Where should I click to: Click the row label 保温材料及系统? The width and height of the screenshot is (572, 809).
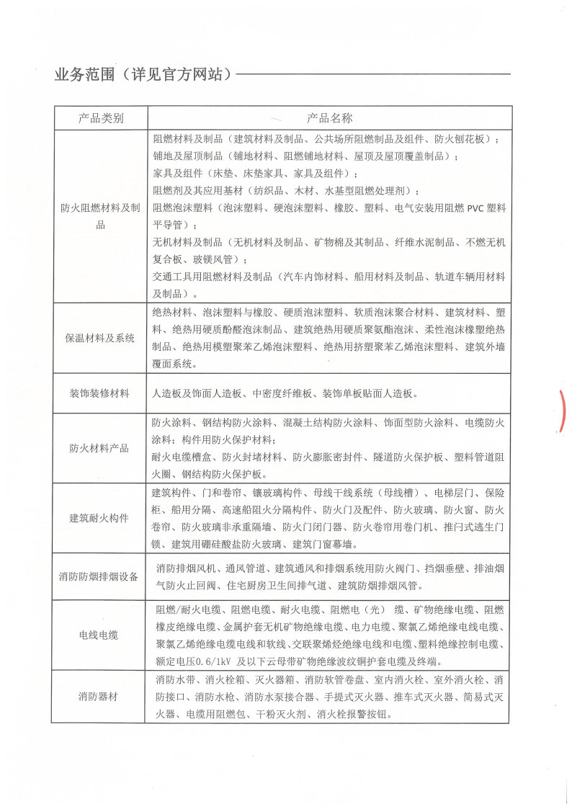[101, 338]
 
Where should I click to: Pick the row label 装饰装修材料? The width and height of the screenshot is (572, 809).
[100, 393]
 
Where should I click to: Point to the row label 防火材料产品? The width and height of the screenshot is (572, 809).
[100, 448]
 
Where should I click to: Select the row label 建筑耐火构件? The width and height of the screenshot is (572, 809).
[100, 518]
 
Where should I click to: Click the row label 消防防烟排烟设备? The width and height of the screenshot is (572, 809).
[100, 576]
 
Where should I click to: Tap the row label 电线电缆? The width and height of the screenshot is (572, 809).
[100, 635]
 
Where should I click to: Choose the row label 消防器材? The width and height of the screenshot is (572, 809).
[100, 696]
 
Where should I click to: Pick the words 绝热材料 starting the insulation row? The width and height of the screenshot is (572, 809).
[172, 313]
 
